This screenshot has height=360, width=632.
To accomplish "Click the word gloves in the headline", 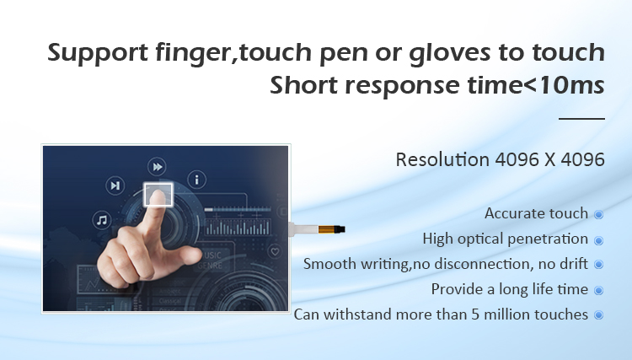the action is point(449,53).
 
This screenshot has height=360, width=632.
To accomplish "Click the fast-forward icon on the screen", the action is point(157,166).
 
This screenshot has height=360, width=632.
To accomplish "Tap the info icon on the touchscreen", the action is point(196,180).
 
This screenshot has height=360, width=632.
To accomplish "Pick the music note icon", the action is point(102,220).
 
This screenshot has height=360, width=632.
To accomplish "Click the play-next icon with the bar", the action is point(115,185).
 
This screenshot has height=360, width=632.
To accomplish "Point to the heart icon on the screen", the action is point(275,251).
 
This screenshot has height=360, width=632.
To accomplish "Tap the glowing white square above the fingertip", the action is point(158,195).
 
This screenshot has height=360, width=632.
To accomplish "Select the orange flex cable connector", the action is point(332,229).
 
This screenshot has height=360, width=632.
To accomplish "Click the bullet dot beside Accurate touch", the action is point(599,214).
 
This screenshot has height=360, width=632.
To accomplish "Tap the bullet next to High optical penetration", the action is point(599,240).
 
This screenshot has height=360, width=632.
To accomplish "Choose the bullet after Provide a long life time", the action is point(599,290).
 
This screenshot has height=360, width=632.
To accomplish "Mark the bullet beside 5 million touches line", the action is point(599,314).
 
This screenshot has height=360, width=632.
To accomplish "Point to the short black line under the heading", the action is point(581,119).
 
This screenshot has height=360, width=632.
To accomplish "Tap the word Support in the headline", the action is point(98,53).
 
